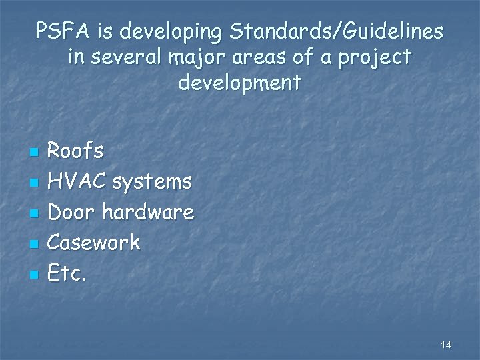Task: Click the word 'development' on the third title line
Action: point(240,84)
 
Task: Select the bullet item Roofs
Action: point(77,151)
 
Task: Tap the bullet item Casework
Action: point(95,243)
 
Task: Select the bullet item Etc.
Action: point(68,273)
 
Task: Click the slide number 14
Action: point(446,345)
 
